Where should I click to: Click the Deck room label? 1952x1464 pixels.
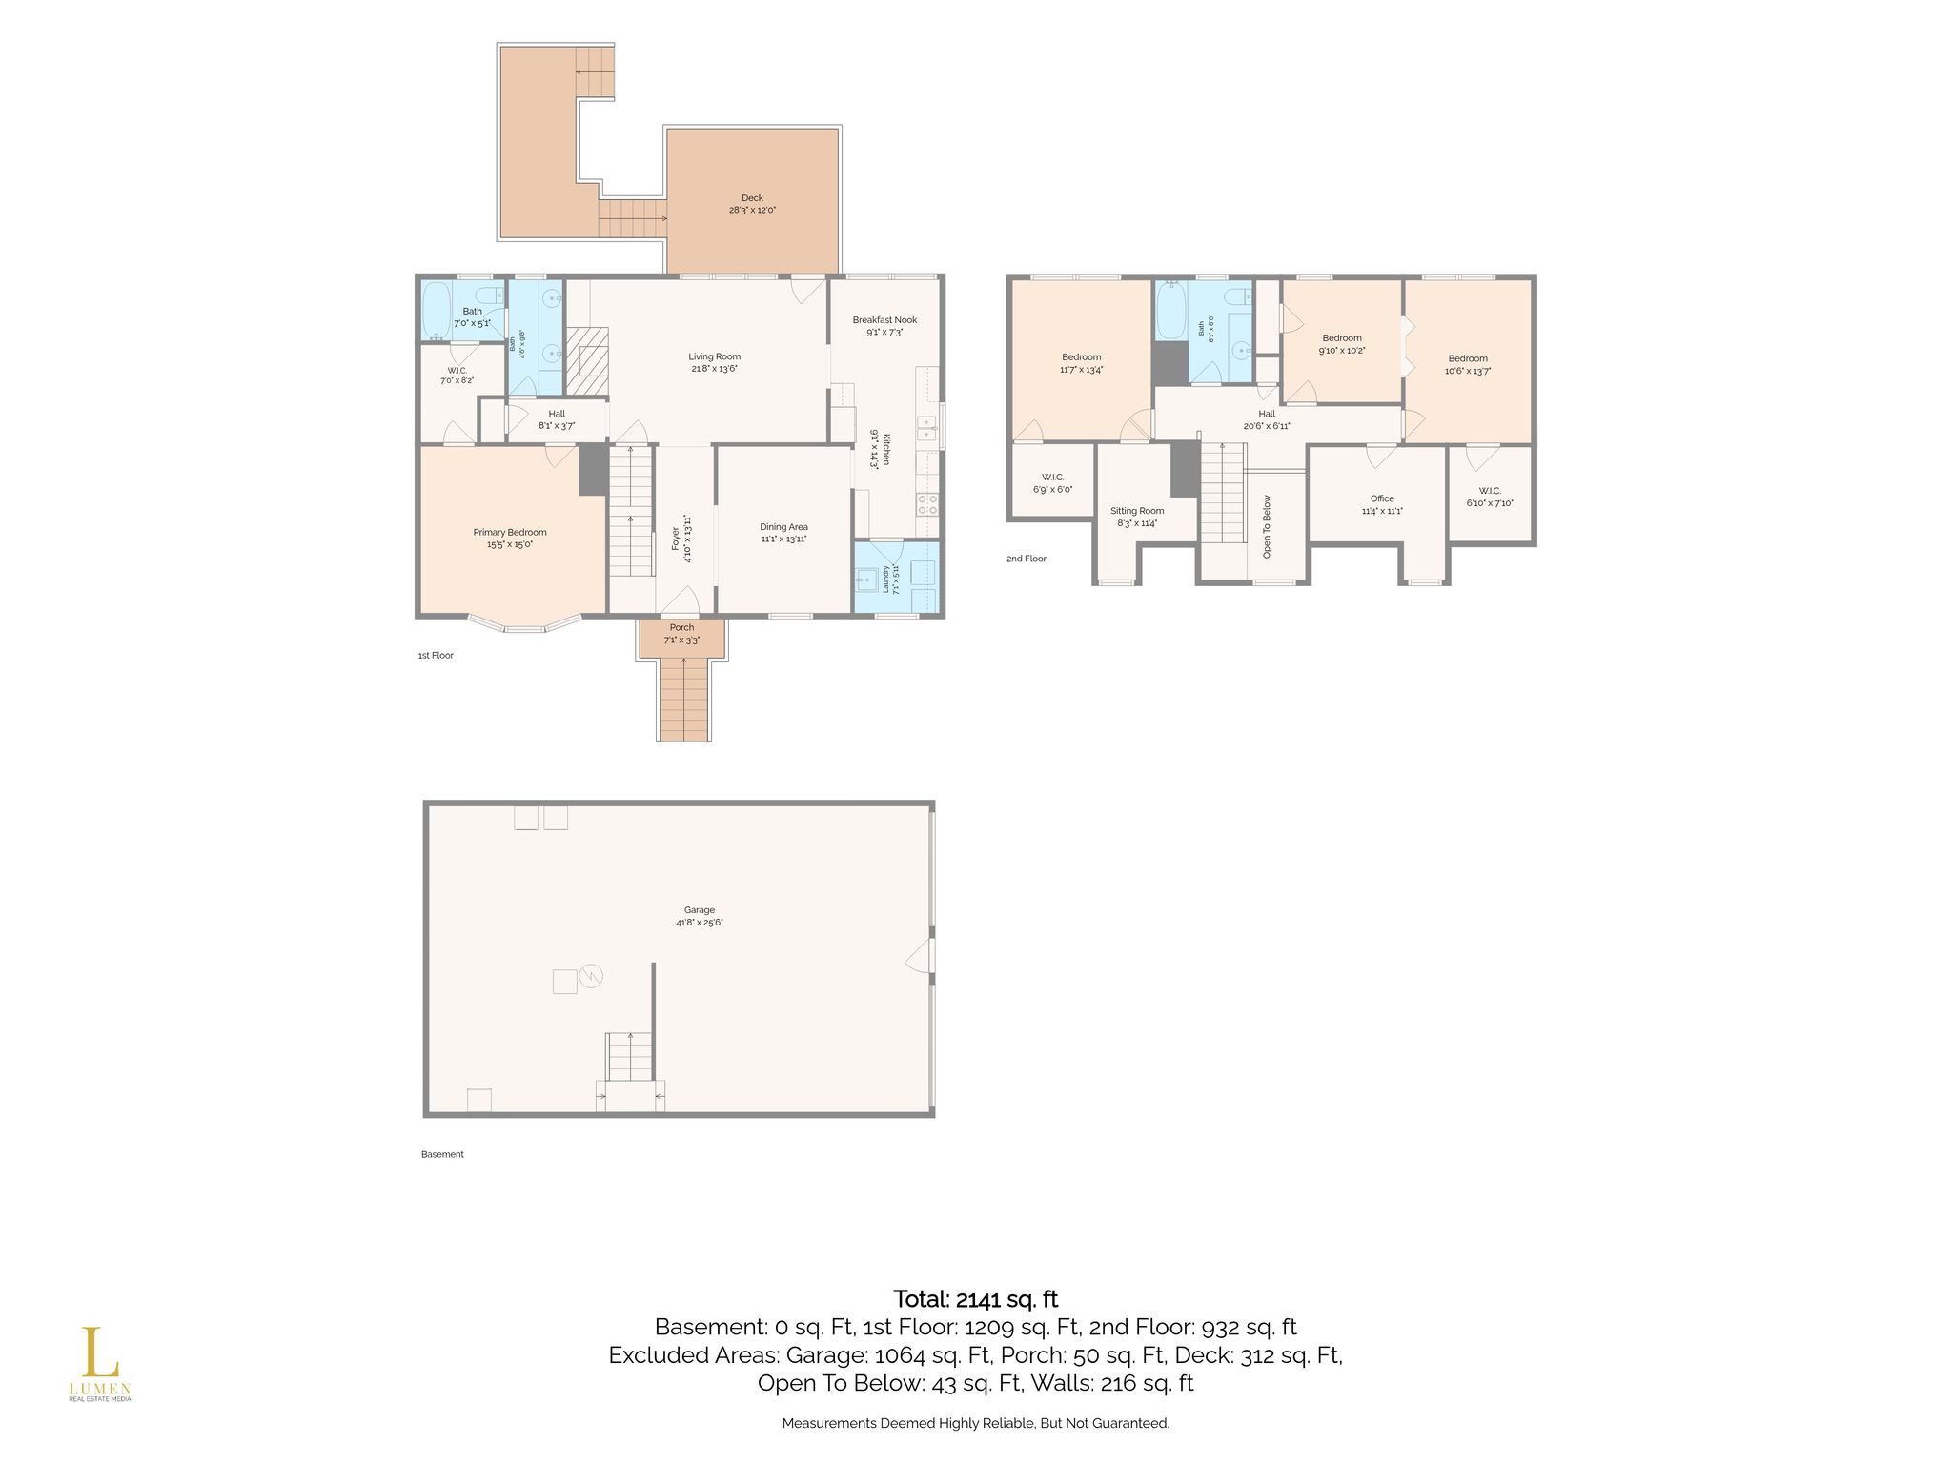752,198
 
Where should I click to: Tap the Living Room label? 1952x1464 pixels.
714,356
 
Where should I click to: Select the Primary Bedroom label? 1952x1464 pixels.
510,533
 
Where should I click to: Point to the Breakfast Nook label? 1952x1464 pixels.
884,320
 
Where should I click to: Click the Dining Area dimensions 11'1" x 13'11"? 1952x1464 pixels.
783,539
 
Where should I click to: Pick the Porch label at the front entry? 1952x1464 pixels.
681,627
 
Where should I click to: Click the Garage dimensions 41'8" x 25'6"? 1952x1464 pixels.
700,923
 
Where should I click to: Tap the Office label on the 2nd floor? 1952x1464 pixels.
1382,498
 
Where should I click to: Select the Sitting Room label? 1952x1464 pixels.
1137,511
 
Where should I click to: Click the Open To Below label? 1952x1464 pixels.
1267,525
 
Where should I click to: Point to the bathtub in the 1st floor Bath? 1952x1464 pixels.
437,311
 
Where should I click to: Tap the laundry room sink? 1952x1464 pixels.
866,578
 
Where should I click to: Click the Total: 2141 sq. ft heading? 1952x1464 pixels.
975,1299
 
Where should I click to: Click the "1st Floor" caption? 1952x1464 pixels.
436,656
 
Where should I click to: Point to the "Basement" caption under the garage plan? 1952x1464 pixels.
442,1154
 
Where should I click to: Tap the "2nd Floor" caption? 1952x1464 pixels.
1027,559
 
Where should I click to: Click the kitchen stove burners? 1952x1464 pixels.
927,504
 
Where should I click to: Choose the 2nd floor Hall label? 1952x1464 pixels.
1267,414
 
